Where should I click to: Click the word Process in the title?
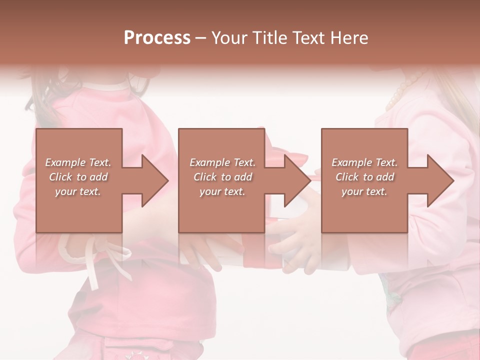click(157, 38)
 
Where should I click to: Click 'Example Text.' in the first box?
click(78, 162)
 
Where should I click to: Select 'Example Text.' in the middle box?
click(222, 162)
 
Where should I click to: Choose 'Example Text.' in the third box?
click(364, 162)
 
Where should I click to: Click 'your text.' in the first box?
click(78, 191)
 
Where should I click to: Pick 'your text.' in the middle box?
click(222, 191)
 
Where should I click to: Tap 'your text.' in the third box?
click(364, 191)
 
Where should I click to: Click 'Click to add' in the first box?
click(78, 177)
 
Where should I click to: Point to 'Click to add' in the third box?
click(364, 177)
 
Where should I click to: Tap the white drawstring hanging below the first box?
click(93, 265)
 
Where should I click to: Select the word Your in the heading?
click(229, 38)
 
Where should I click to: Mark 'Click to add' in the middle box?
click(222, 177)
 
